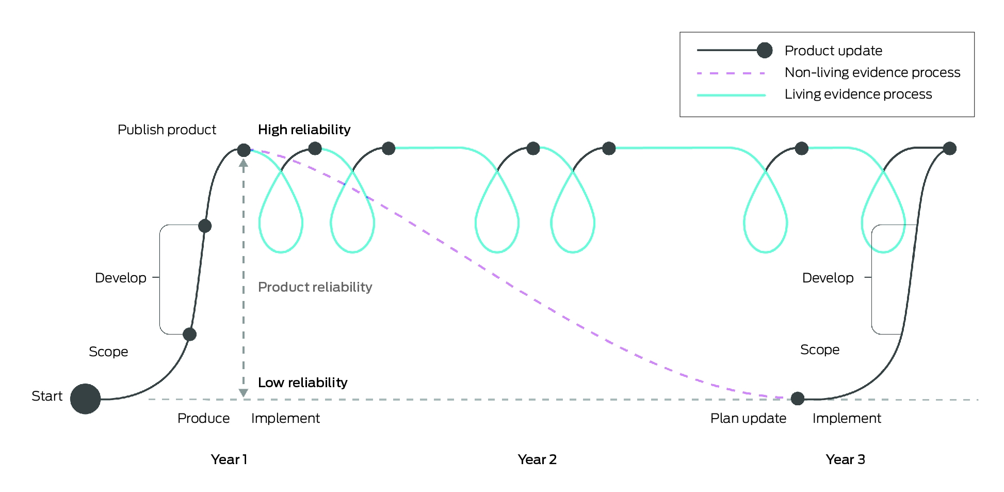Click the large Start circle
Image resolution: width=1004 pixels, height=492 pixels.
click(x=85, y=399)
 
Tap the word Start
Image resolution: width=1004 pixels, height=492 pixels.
click(x=47, y=396)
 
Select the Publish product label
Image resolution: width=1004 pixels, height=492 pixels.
click(x=167, y=130)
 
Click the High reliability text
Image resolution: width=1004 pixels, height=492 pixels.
click(x=304, y=130)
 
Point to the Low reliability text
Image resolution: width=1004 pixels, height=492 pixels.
click(x=302, y=383)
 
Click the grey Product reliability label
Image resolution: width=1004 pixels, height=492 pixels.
click(x=315, y=287)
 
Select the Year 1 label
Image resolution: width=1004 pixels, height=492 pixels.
click(x=229, y=459)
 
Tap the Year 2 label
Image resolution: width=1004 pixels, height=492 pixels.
click(x=537, y=459)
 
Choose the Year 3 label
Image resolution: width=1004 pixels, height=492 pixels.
click(x=845, y=459)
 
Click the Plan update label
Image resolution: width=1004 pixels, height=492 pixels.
click(x=748, y=418)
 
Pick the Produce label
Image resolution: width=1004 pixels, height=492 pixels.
click(x=203, y=418)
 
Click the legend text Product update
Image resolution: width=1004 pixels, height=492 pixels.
click(x=833, y=51)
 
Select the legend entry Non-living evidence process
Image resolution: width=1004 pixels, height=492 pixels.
click(x=872, y=72)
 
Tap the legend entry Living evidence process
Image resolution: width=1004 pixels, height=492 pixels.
click(x=858, y=94)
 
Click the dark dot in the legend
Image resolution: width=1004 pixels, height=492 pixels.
click(x=765, y=50)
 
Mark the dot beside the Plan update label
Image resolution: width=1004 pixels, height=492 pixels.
click(x=798, y=399)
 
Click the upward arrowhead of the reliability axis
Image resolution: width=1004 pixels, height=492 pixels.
click(x=244, y=163)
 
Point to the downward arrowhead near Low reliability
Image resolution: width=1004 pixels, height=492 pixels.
click(x=244, y=393)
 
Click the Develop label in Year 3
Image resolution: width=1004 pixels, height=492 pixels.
click(x=828, y=278)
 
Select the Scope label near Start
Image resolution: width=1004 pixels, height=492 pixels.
click(x=108, y=352)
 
